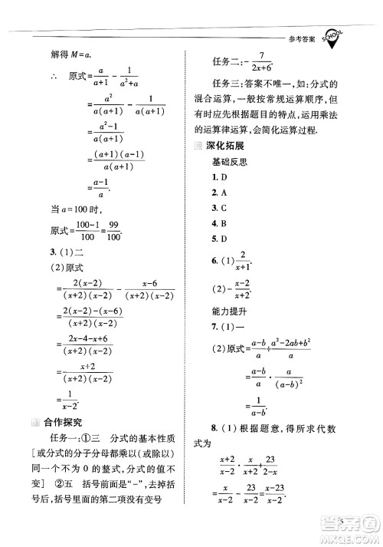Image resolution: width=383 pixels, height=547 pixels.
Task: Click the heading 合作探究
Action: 64,421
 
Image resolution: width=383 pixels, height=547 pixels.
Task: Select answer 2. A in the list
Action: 219,193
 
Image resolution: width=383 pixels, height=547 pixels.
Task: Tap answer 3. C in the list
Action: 219,208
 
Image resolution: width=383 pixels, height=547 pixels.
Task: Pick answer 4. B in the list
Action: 219,223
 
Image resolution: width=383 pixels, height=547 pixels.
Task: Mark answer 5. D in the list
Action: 219,239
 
